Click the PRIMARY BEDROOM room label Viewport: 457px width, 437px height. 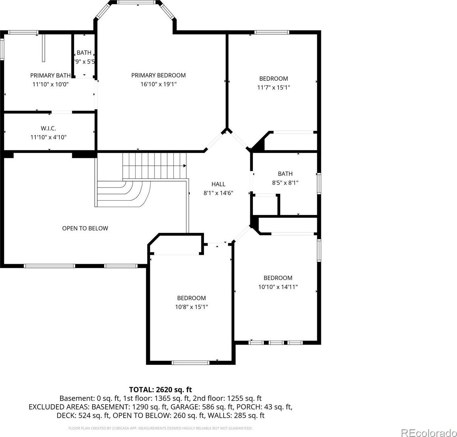(158, 76)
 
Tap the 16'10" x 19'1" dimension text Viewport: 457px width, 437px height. (158, 84)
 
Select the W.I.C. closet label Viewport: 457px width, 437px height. (48, 129)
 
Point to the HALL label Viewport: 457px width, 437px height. (218, 184)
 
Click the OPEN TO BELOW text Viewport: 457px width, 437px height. (85, 228)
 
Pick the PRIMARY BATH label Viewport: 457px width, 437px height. (50, 76)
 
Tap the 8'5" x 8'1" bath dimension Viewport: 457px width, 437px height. (285, 183)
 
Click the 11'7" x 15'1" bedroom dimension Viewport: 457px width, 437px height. (274, 88)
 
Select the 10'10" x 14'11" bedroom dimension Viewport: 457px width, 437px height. (278, 287)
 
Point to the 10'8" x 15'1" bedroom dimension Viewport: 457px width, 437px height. (191, 307)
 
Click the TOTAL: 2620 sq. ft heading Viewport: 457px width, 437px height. (160, 390)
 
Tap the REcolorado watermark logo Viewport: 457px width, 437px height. (428, 431)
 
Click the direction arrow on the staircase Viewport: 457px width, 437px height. (185, 166)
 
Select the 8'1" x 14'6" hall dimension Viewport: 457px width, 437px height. (218, 193)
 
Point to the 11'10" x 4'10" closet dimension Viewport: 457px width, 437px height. (48, 137)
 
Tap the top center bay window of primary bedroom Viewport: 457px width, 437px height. (136, 2)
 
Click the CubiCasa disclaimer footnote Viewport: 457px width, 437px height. (160, 428)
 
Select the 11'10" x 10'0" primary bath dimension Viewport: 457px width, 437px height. (50, 84)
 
